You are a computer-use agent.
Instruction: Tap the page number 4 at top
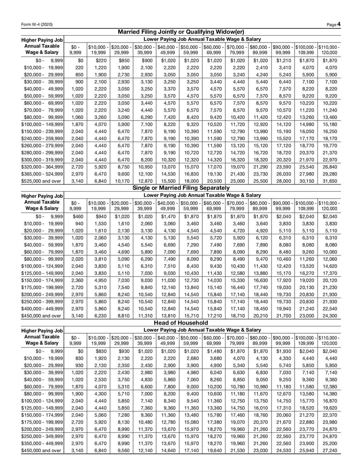click(339, 24)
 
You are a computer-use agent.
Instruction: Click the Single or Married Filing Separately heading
click(181, 188)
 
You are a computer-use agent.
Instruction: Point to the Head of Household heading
click(181, 323)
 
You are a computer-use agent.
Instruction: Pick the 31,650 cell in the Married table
click(329, 181)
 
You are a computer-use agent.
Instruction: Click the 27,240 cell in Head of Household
click(329, 451)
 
